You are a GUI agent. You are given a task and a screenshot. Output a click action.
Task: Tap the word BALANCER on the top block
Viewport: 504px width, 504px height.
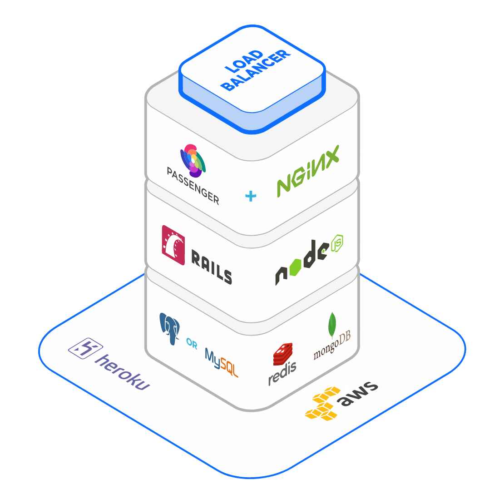pyautogui.click(x=257, y=70)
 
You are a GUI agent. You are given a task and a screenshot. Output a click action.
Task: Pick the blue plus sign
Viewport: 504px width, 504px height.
pyautogui.click(x=251, y=196)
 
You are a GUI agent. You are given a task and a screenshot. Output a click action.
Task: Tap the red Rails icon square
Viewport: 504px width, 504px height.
pyautogui.click(x=173, y=245)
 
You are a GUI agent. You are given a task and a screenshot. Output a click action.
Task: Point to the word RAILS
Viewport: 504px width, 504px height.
pyautogui.click(x=211, y=268)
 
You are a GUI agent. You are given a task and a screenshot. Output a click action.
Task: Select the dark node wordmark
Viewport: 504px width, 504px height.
pyautogui.click(x=301, y=263)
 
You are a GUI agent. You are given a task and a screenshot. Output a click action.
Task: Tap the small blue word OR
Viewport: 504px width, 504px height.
pyautogui.click(x=192, y=345)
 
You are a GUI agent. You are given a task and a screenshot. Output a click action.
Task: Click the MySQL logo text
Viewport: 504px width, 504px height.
pyautogui.click(x=221, y=362)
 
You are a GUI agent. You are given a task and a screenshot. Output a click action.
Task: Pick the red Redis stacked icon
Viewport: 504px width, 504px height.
pyautogui.click(x=282, y=354)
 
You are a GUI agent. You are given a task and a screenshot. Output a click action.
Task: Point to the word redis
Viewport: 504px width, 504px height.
pyautogui.click(x=282, y=373)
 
